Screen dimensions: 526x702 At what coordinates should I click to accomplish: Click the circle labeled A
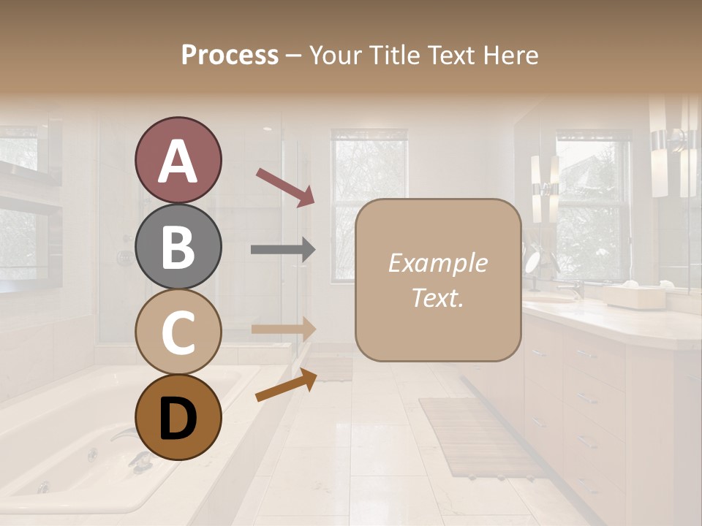pos(178,161)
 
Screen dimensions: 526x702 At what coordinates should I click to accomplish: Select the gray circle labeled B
pos(178,246)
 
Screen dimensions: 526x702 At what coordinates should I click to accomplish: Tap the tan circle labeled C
pos(178,332)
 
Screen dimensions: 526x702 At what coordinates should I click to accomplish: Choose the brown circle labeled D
pos(178,417)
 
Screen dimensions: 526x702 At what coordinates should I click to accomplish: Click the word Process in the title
pos(230,56)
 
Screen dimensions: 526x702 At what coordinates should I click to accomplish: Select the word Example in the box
pos(438,263)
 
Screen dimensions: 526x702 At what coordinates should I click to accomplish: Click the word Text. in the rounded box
pos(438,298)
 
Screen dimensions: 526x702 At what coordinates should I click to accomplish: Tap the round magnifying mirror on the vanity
pos(532,262)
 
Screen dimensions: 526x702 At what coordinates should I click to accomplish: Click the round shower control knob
pos(125,257)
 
